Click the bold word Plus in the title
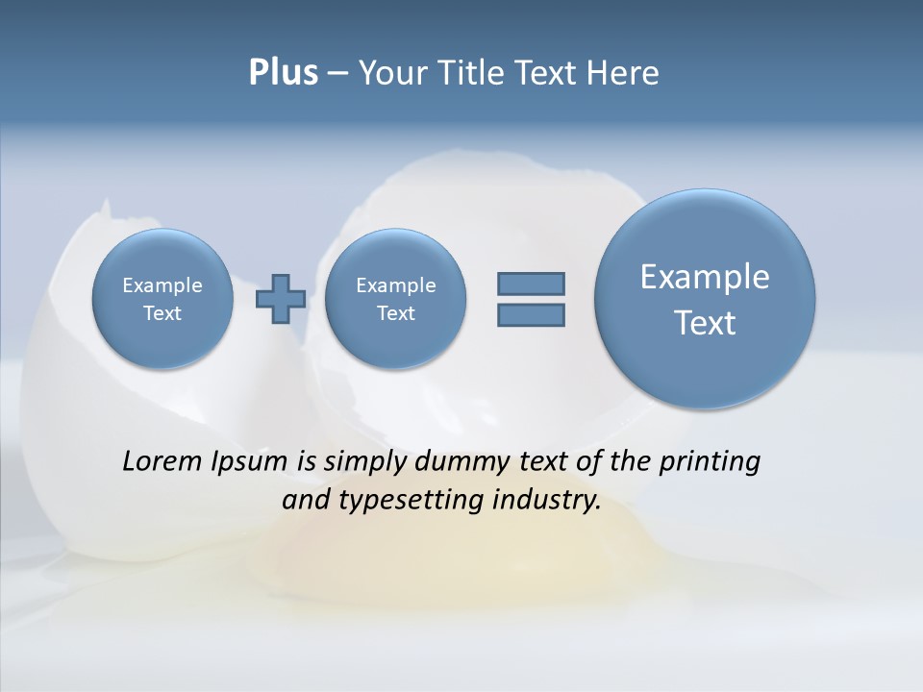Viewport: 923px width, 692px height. coord(283,73)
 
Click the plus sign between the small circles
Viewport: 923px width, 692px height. coord(281,299)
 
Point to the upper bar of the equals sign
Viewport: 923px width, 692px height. coord(531,284)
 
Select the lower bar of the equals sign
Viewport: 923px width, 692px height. coord(531,314)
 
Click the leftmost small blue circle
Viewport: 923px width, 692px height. coord(162,298)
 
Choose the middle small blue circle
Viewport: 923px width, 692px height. coord(395,298)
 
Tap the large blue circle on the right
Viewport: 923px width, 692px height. coord(705,298)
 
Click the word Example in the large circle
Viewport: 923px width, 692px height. coord(705,277)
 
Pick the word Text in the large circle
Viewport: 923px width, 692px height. coord(705,323)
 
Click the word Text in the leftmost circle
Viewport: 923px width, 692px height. coord(162,313)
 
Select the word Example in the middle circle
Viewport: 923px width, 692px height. coord(395,285)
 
